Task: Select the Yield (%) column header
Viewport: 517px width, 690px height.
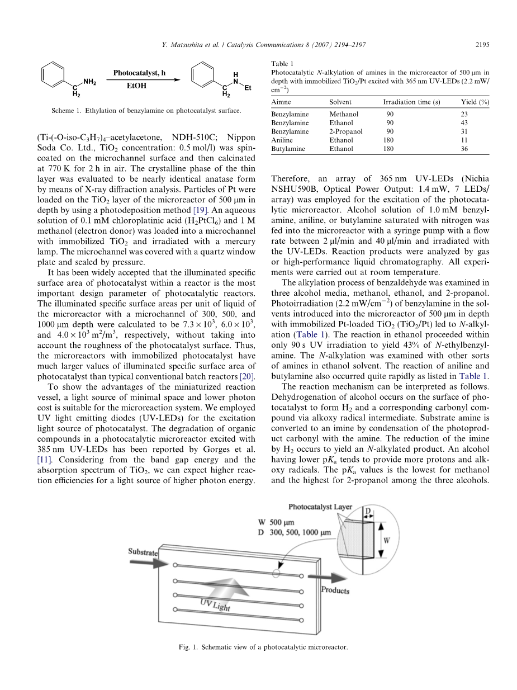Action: pos(475,102)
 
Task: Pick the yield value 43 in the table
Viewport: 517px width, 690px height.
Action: pos(464,122)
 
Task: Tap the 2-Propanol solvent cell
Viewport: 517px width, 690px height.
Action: pos(346,131)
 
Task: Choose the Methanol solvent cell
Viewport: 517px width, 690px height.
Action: pos(344,114)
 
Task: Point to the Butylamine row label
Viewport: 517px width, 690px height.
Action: pos(286,149)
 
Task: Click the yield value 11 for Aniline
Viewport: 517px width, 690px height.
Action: pos(464,140)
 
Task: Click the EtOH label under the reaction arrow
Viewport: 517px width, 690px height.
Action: pos(136,86)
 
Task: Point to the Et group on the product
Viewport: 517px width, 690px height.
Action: pos(248,88)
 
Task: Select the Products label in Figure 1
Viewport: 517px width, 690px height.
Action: pos(335,590)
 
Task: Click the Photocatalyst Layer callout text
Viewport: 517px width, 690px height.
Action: pos(320,507)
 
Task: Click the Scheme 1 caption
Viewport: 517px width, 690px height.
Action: pos(146,111)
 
